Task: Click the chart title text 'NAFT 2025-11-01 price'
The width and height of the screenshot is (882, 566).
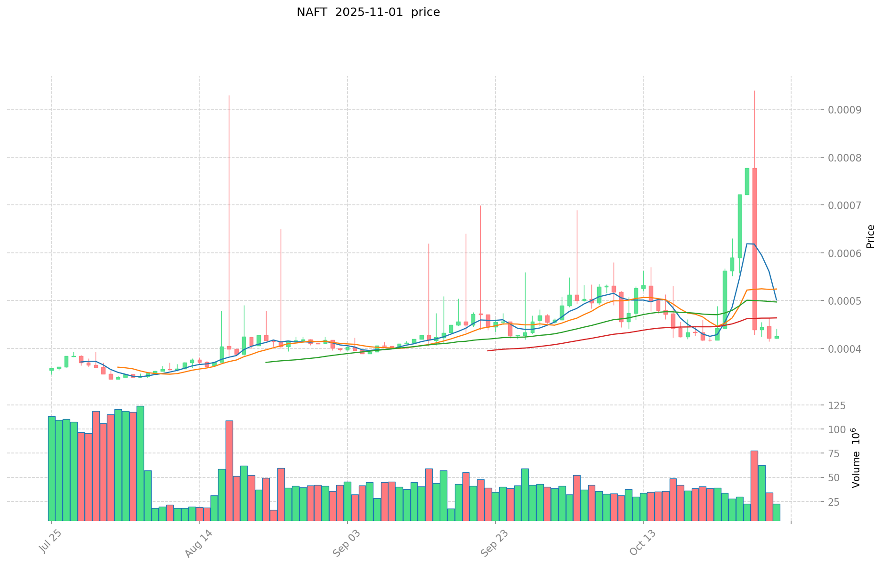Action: [x=368, y=12]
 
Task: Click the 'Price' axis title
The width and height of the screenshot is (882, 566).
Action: [x=870, y=236]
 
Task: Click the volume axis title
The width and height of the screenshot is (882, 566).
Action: [x=856, y=457]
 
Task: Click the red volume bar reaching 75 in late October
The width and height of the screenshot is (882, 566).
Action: [x=754, y=485]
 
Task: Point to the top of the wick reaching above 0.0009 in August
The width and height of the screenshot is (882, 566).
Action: [x=229, y=96]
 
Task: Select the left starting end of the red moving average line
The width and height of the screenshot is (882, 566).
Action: [x=488, y=350]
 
